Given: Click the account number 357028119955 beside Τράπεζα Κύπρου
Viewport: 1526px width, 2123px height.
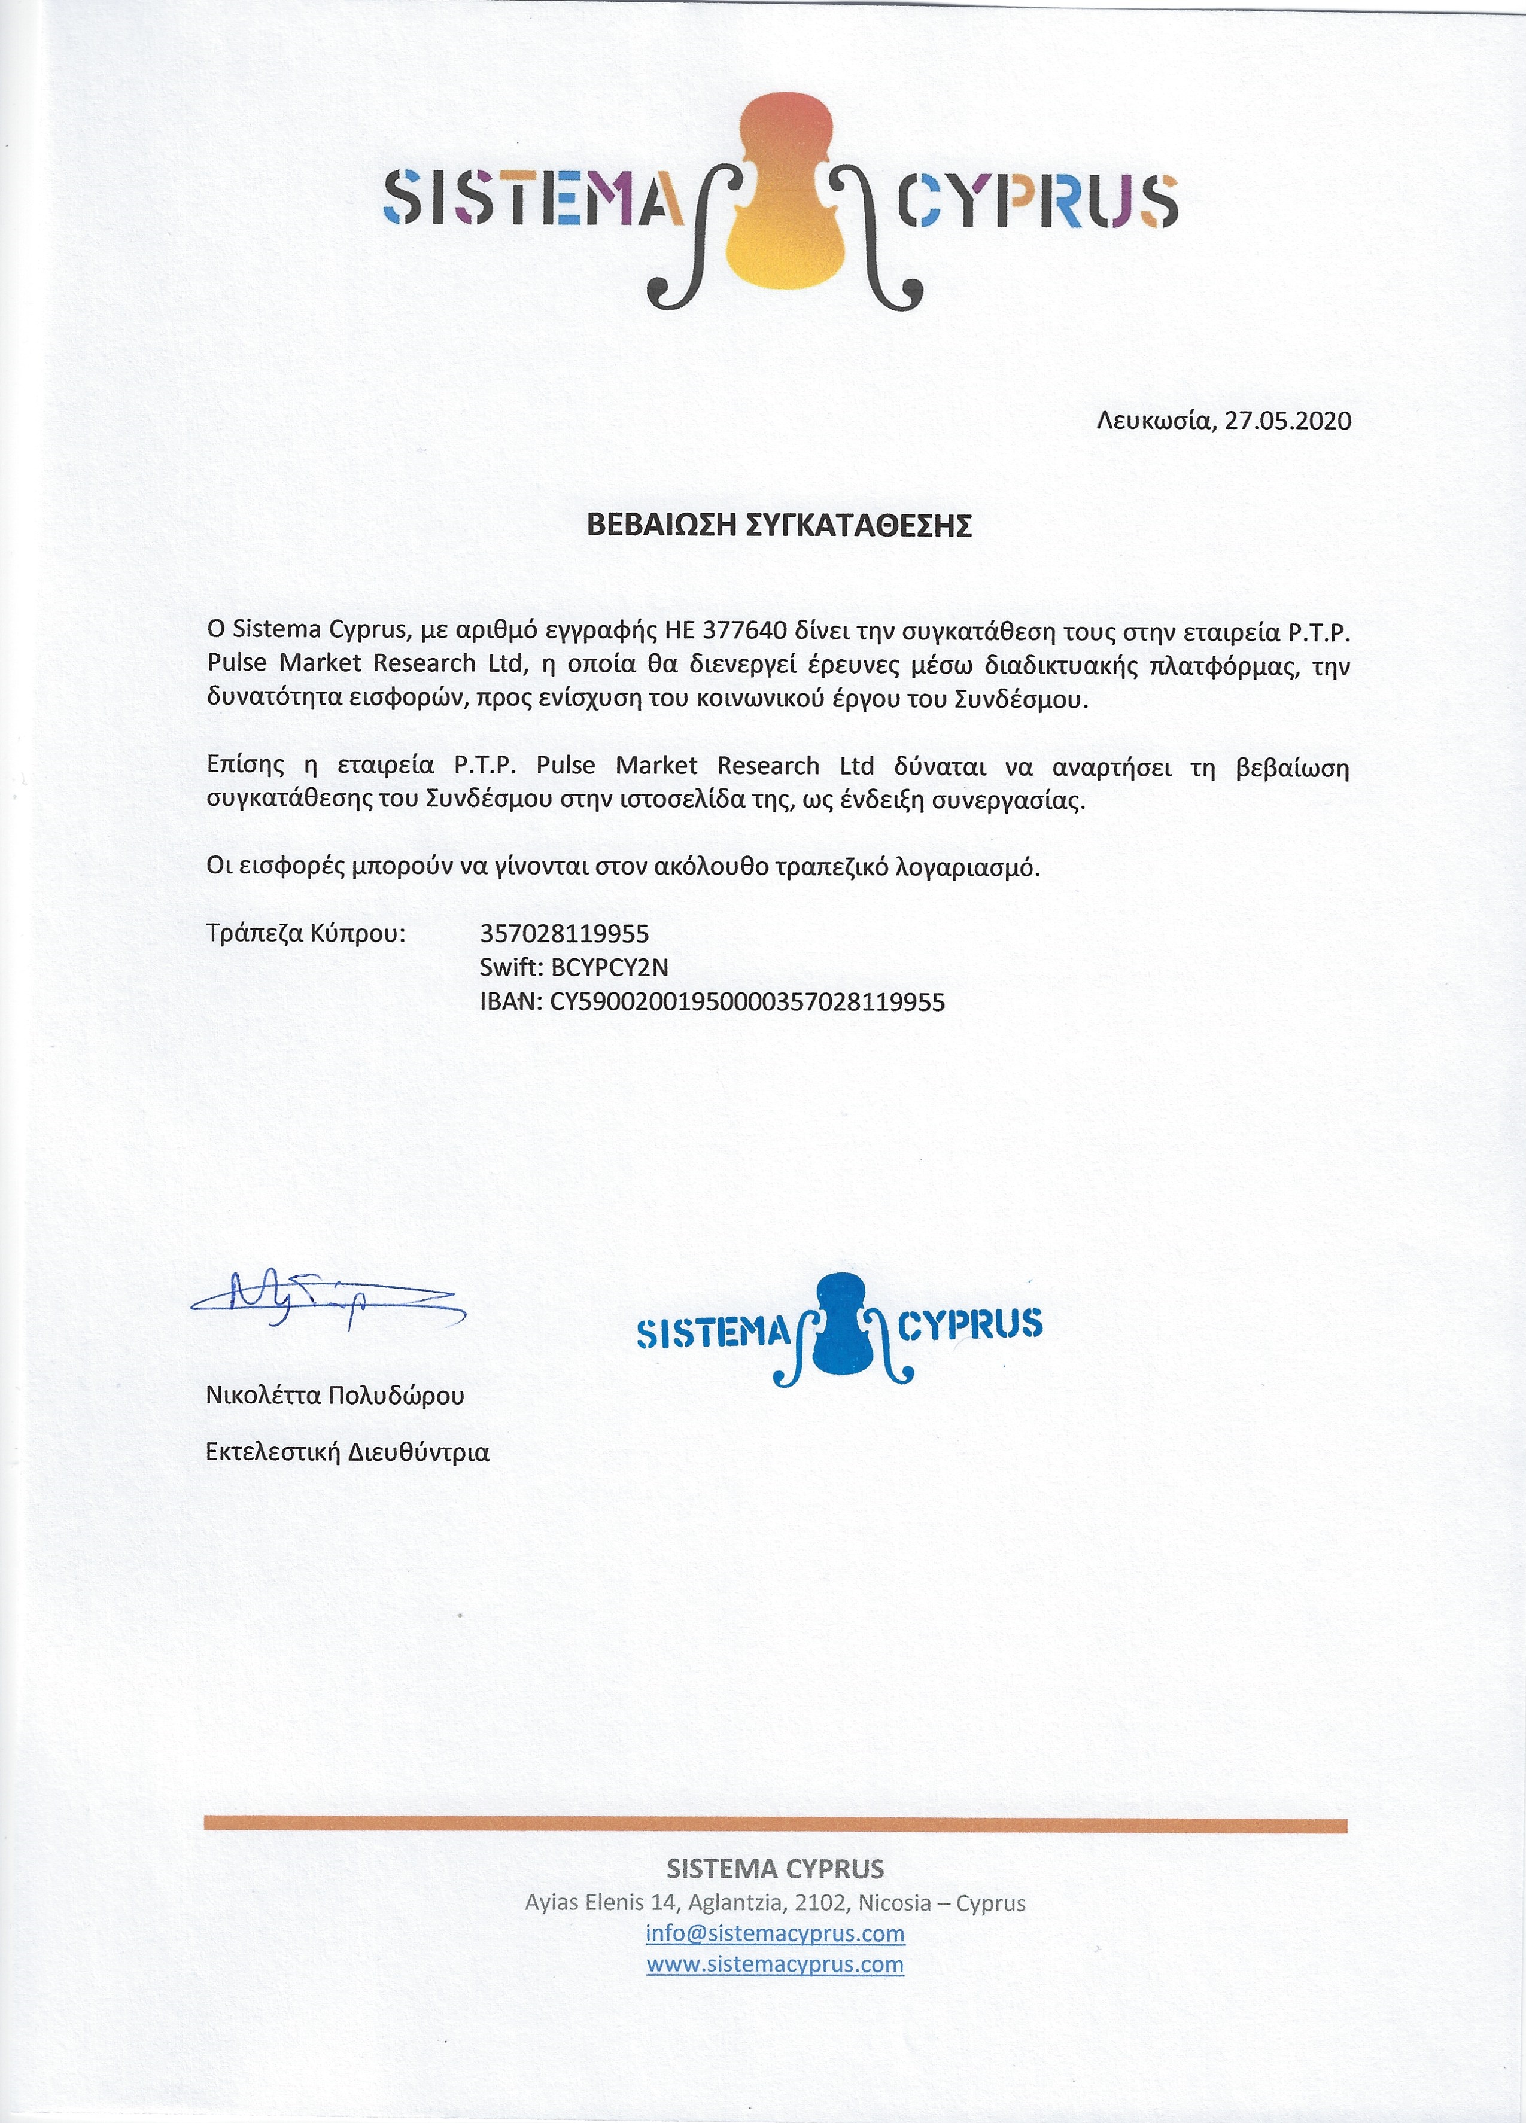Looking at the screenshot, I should coord(564,933).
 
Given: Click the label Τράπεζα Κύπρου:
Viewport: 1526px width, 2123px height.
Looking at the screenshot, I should coord(306,933).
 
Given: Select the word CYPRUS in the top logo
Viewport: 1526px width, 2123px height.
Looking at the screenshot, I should coord(1037,200).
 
